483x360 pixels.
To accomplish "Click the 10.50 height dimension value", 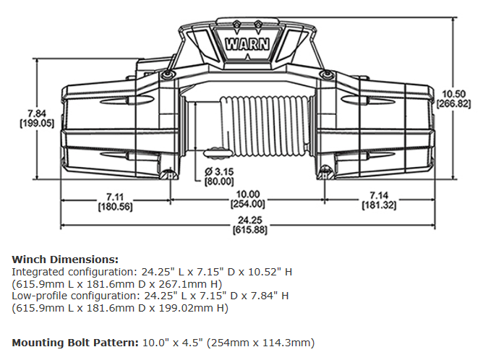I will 454,93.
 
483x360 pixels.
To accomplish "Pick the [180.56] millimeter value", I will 114,207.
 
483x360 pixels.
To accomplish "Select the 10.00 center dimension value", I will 248,194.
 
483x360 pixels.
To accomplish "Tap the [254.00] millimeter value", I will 248,204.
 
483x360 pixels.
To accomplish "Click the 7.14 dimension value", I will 380,197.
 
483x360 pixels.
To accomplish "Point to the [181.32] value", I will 380,207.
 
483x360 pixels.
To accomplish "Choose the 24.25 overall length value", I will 248,220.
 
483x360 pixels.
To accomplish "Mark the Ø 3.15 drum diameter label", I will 218,171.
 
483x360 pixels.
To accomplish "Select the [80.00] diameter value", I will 219,181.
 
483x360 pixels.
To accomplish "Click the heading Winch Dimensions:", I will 64,259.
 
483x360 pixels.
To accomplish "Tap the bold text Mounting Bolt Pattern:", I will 74,342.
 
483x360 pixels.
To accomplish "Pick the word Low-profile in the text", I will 38,296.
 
